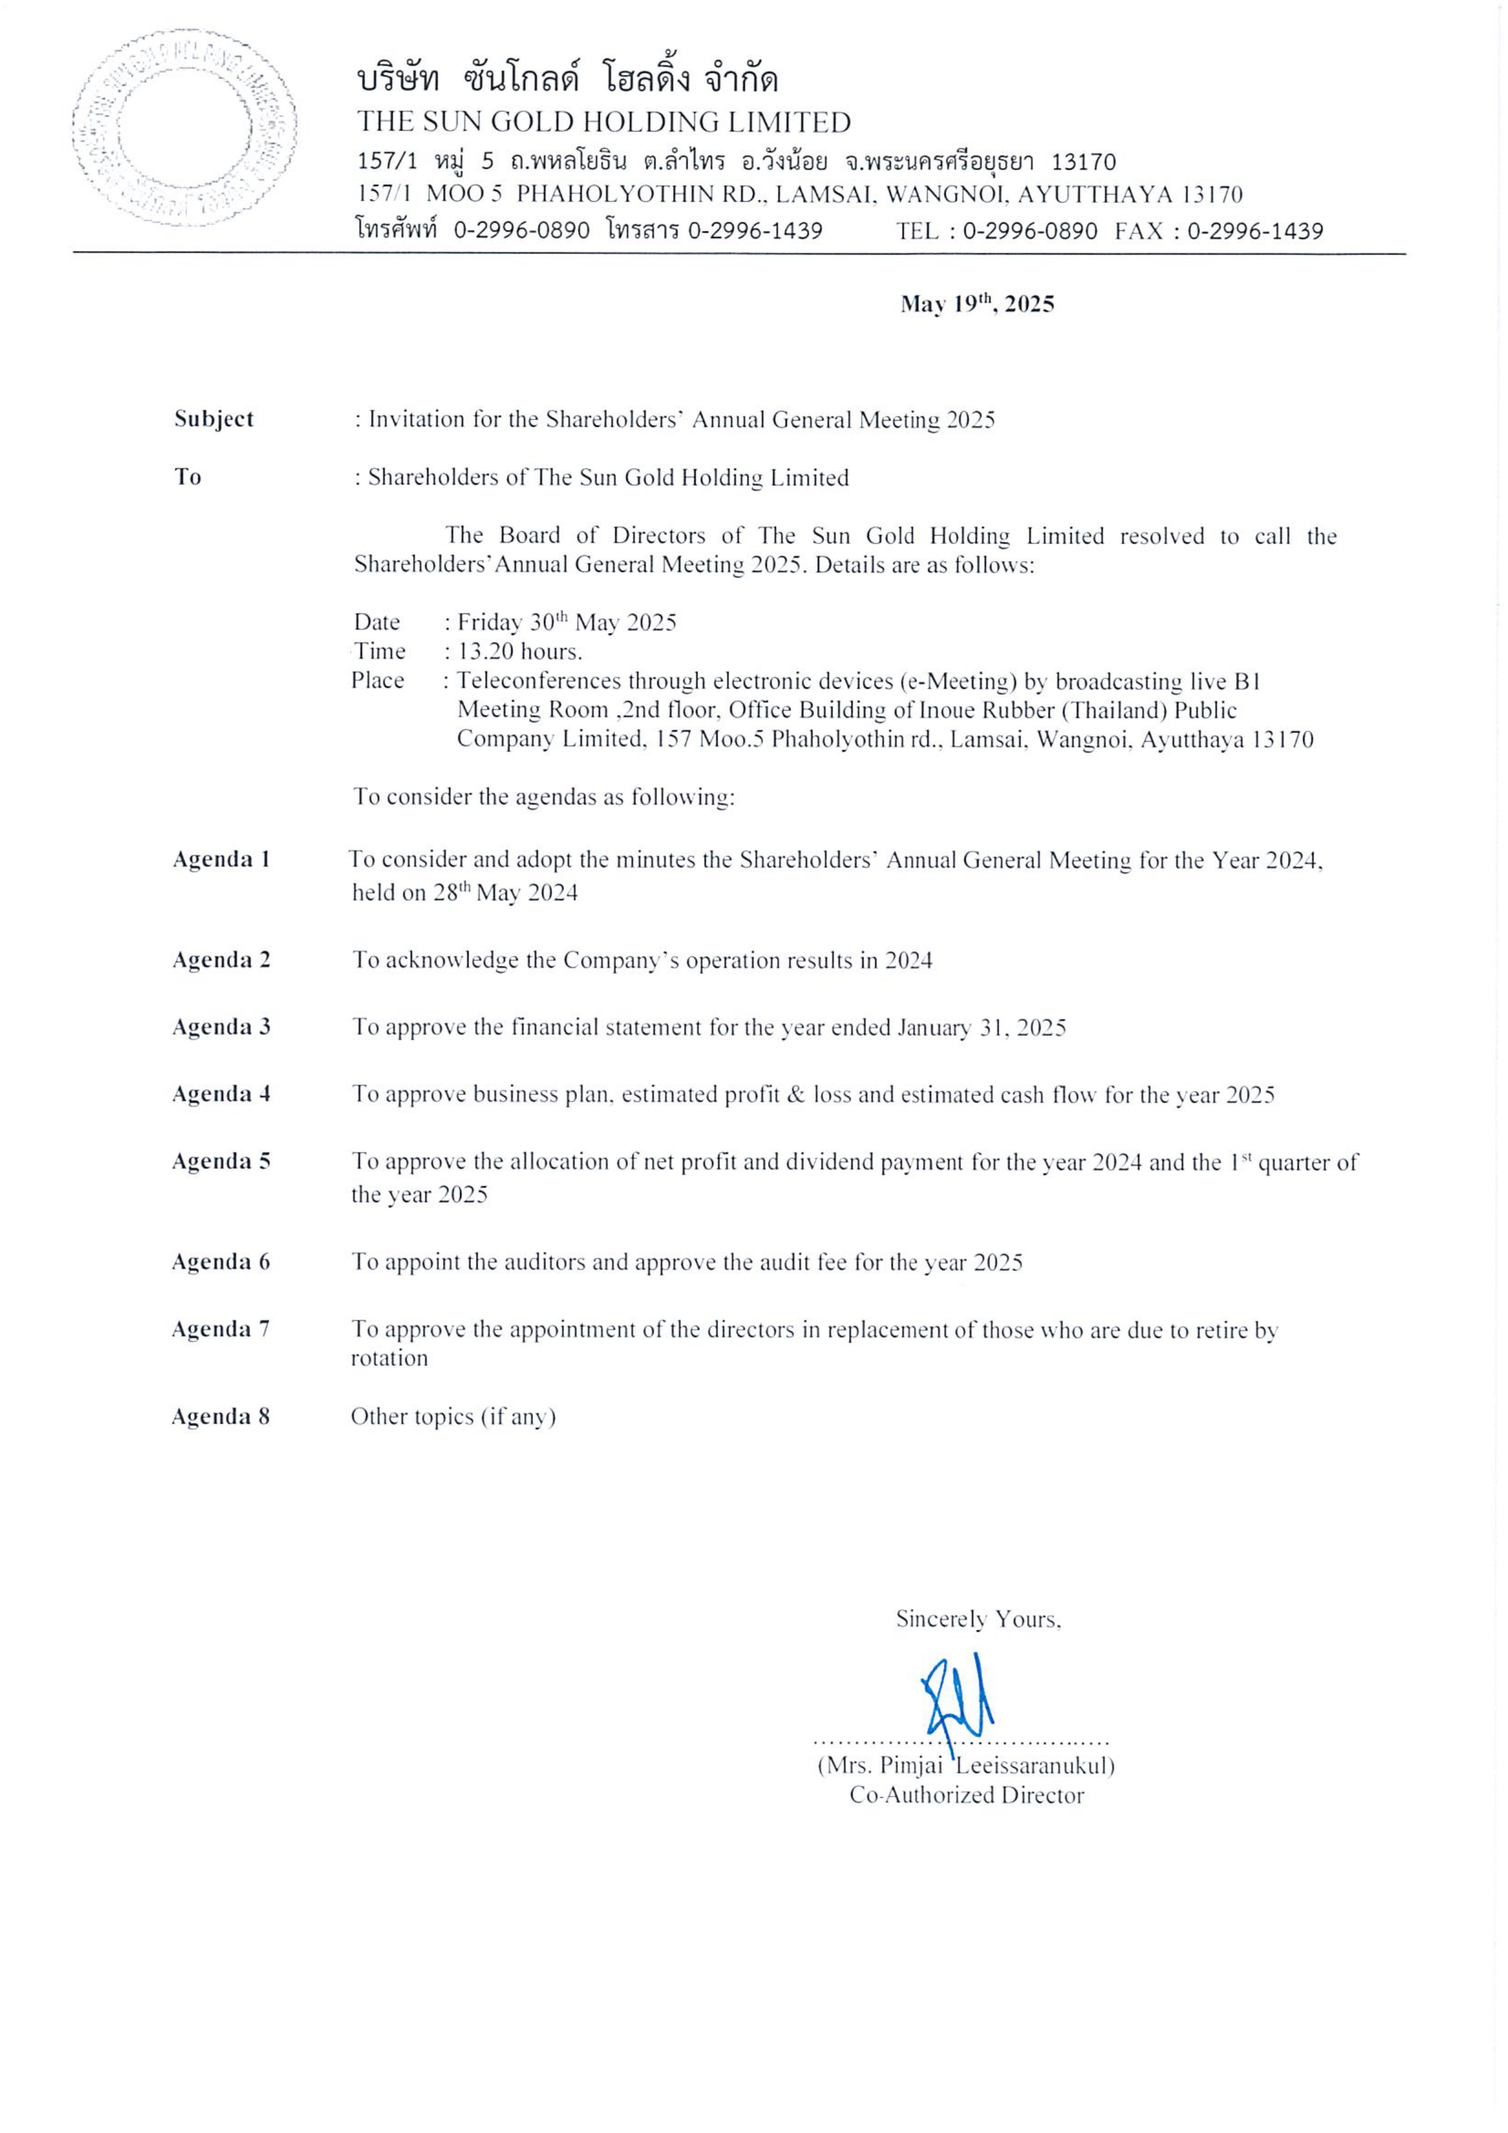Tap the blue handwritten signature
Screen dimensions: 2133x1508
tap(957, 1704)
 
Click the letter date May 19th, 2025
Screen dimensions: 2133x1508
tap(977, 304)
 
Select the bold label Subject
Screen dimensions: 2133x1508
tap(213, 419)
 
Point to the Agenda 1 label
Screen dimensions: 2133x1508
tap(221, 860)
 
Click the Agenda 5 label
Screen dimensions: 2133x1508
tap(221, 1161)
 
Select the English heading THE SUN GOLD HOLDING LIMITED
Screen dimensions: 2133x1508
tap(604, 122)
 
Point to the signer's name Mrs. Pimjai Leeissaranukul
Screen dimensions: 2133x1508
tap(966, 1765)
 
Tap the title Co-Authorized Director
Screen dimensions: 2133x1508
tap(966, 1795)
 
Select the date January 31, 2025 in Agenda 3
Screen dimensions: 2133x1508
tap(981, 1027)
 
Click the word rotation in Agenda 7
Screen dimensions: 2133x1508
tap(389, 1358)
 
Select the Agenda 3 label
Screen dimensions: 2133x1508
tap(221, 1027)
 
